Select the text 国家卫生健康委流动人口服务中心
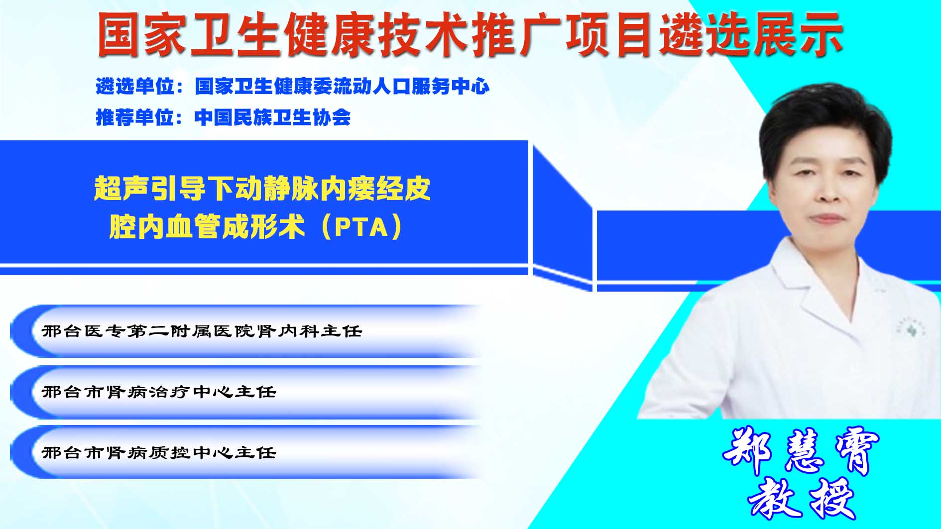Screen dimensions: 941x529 tap(343, 87)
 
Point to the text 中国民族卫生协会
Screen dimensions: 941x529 tap(273, 117)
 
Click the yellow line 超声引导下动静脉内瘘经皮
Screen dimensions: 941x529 tap(262, 189)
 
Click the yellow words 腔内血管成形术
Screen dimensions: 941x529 tap(207, 227)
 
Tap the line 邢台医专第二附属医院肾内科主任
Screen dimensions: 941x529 tap(202, 331)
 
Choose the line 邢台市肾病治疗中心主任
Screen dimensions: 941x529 tap(159, 392)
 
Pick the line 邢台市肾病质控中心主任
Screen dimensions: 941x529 tap(159, 453)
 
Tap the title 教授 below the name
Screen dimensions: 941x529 tap(802, 498)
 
